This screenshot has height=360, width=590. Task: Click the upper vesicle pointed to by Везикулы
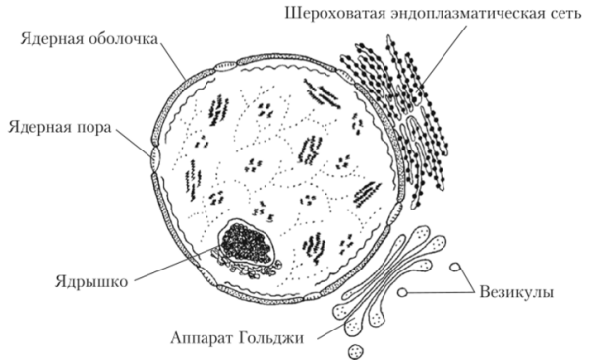454,267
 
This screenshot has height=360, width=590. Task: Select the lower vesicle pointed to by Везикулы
402,293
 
